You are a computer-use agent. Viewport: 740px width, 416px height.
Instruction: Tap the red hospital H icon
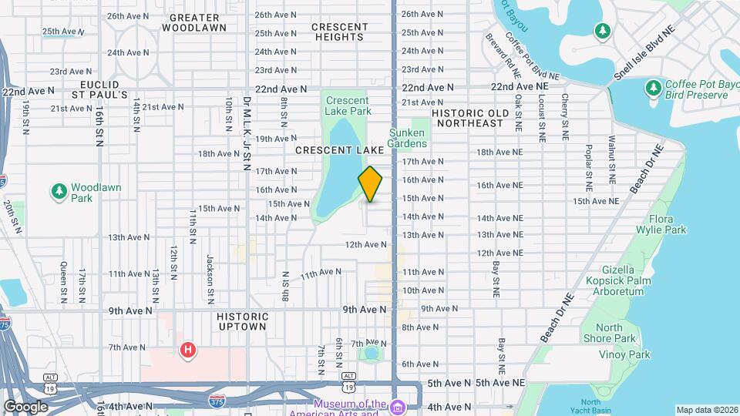(x=187, y=351)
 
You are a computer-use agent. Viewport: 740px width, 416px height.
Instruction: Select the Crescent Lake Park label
(x=347, y=106)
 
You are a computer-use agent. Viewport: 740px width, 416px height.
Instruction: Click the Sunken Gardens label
(x=407, y=138)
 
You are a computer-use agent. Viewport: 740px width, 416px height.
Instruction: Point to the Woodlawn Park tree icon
(x=59, y=190)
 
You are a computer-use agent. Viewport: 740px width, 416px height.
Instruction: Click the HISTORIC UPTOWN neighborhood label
(x=243, y=321)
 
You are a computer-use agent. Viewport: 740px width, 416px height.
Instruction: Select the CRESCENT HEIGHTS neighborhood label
(x=340, y=32)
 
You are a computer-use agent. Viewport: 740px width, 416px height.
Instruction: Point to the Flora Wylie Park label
(x=661, y=224)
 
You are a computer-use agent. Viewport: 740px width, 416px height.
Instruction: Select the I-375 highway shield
(x=217, y=401)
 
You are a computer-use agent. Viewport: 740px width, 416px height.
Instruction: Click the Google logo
(x=25, y=406)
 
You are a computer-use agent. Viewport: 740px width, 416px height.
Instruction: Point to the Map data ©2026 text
(x=707, y=410)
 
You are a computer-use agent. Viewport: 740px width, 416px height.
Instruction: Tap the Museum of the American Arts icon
(x=397, y=407)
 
